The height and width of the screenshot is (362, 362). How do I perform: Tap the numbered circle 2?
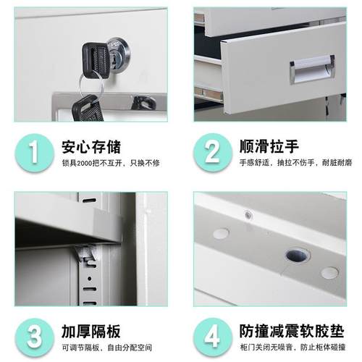pos(211,152)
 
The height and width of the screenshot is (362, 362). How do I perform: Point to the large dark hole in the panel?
pos(297,255)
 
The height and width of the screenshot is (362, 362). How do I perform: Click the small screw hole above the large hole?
pos(249,214)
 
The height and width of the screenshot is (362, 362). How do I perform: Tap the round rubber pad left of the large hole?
pos(221,234)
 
